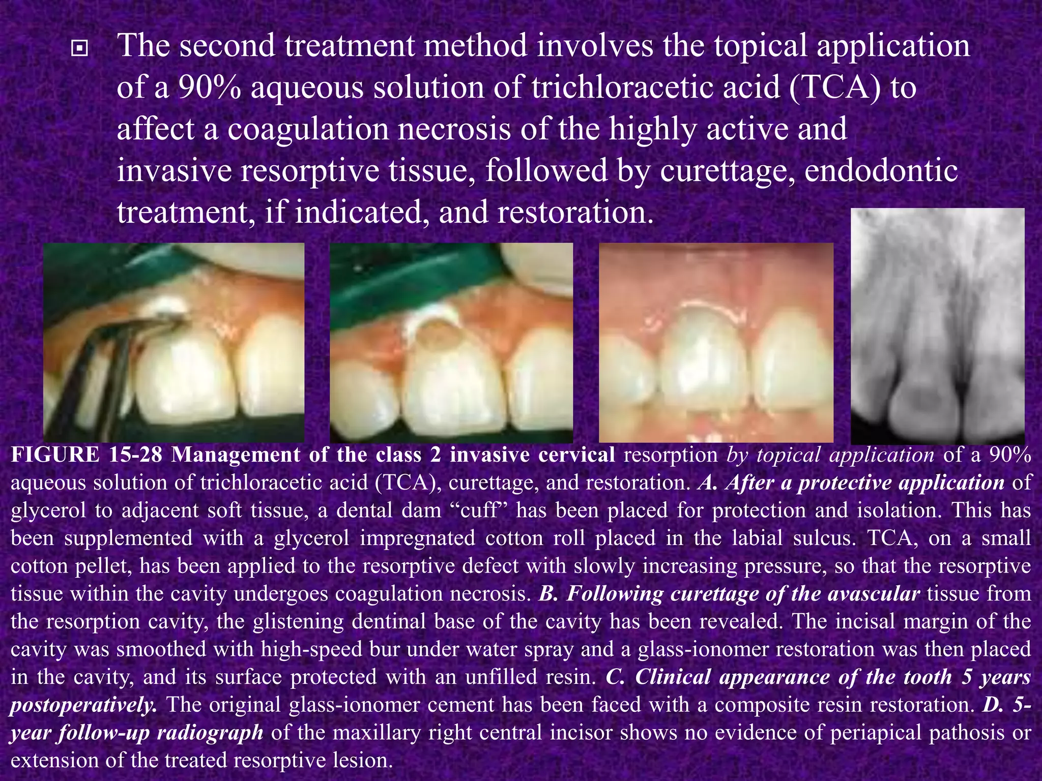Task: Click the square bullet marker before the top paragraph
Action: (x=79, y=49)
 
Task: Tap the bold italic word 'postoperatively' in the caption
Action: (x=81, y=705)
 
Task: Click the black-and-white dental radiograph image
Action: (x=937, y=325)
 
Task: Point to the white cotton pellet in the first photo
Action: (x=165, y=308)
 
